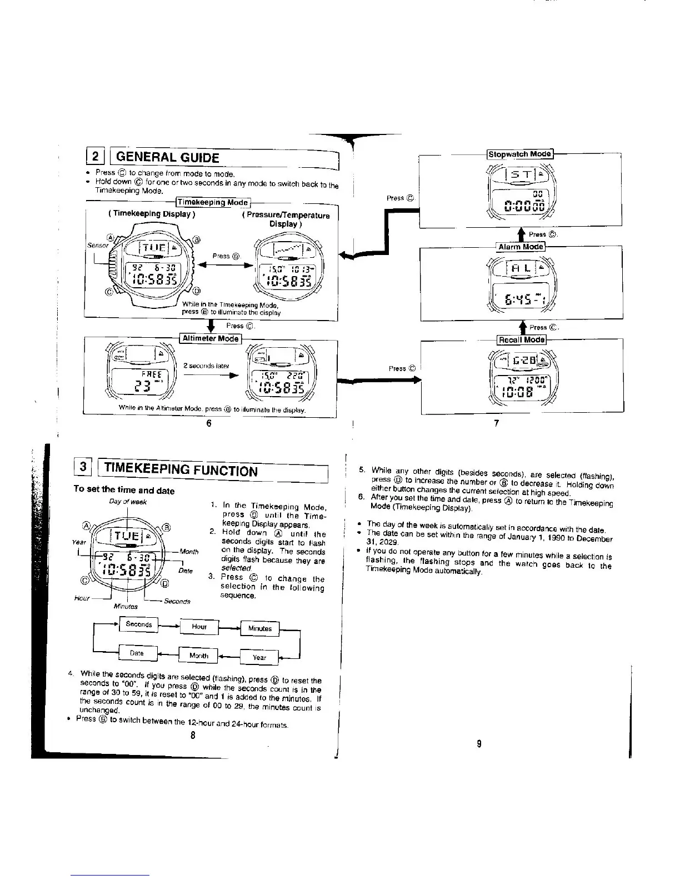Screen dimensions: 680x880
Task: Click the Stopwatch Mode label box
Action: [519, 154]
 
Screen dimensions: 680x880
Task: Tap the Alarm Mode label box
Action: [520, 247]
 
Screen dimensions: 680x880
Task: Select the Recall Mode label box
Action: [522, 339]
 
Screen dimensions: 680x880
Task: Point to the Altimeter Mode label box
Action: [211, 338]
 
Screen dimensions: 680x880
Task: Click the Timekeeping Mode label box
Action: [213, 203]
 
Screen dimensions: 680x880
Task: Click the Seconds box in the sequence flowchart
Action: [139, 624]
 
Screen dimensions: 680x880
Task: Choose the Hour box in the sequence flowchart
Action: [199, 627]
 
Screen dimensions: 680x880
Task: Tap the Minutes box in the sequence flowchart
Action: [259, 628]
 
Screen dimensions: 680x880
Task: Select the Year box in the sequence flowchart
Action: [259, 657]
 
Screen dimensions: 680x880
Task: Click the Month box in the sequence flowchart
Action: [198, 656]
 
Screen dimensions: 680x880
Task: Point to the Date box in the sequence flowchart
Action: [137, 653]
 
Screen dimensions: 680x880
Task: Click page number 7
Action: [497, 423]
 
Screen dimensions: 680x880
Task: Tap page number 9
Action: [479, 744]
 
